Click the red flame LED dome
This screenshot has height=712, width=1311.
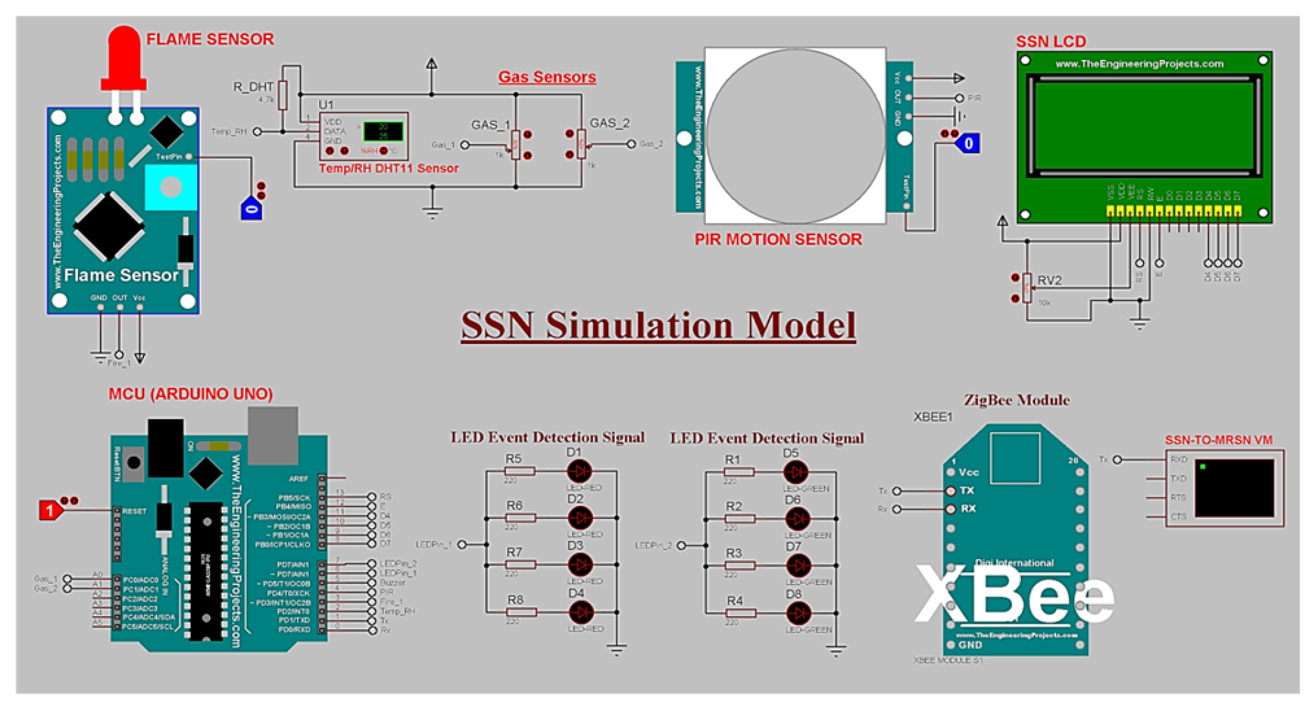click(124, 52)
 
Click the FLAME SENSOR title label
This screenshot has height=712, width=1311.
click(210, 39)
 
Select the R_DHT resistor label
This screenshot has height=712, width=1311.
click(253, 87)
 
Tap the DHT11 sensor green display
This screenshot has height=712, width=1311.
click(383, 132)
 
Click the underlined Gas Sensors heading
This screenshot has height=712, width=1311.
click(547, 77)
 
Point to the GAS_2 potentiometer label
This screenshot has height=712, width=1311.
click(609, 123)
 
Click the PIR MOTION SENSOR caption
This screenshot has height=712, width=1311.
click(778, 239)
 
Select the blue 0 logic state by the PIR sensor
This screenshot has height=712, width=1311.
click(968, 143)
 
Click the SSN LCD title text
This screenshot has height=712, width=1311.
click(1050, 41)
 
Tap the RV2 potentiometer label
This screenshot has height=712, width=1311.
click(1049, 281)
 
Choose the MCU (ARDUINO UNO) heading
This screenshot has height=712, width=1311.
click(190, 394)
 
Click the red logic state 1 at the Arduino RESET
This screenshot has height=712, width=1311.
click(50, 511)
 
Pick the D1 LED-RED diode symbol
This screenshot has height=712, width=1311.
click(579, 471)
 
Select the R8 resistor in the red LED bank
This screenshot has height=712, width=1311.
click(520, 612)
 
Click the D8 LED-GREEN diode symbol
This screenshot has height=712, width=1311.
click(797, 613)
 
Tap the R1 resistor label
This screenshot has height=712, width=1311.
click(732, 459)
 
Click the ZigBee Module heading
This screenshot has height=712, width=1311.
click(1016, 400)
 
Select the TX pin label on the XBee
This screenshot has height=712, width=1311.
click(966, 491)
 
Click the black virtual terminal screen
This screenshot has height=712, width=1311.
click(1234, 488)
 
